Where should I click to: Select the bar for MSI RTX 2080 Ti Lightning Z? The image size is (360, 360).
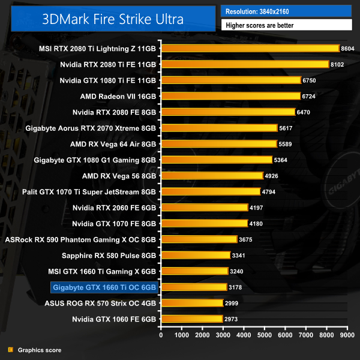250,48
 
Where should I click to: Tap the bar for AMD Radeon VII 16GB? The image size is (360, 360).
230,96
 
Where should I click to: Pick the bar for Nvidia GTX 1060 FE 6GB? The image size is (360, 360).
191,319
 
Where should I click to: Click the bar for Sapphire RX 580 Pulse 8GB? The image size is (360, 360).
196,255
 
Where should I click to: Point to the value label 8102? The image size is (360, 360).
339,64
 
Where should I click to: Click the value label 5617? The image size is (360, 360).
287,128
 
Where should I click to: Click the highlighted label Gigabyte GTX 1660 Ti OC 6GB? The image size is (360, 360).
104,287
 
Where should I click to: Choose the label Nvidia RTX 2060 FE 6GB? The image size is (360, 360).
114,208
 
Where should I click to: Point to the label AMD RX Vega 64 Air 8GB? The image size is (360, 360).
113,144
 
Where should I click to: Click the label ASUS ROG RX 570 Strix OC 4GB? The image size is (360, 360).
100,303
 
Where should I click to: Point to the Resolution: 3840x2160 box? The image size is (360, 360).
286,11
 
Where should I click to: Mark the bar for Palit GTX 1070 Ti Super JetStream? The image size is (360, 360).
210,191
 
